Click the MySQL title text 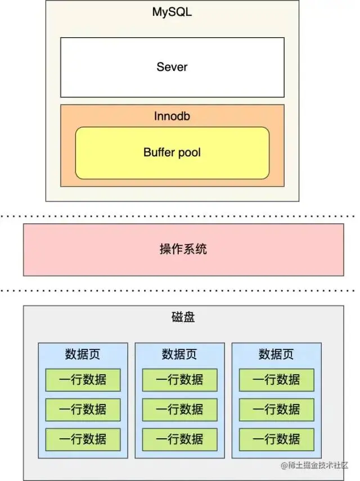tap(172, 11)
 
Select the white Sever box tap(172, 67)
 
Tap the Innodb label tap(172, 116)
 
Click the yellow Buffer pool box tap(172, 152)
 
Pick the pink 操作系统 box tap(183, 249)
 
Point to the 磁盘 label tap(183, 317)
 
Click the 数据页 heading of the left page tap(83, 354)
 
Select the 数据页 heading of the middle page tap(179, 354)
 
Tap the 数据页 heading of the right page tap(276, 354)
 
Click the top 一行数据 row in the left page tap(83, 380)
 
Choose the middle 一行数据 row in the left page tap(83, 410)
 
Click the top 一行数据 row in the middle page tap(179, 380)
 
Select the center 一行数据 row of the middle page tap(179, 410)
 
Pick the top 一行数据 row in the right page tap(276, 380)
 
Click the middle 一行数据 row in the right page tap(276, 410)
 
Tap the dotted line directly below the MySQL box tap(180, 215)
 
